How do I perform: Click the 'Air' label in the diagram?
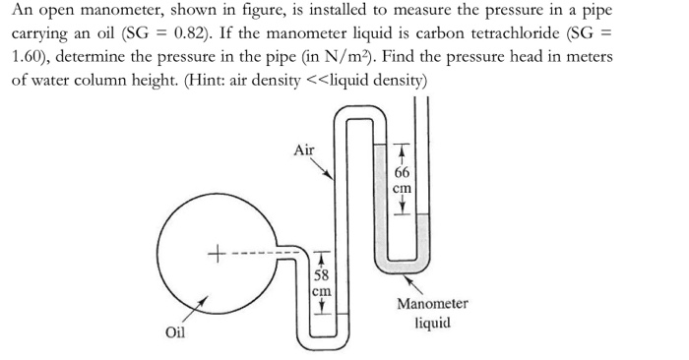pos(305,150)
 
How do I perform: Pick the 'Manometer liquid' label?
pos(432,313)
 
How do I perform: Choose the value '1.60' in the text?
pos(31,58)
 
